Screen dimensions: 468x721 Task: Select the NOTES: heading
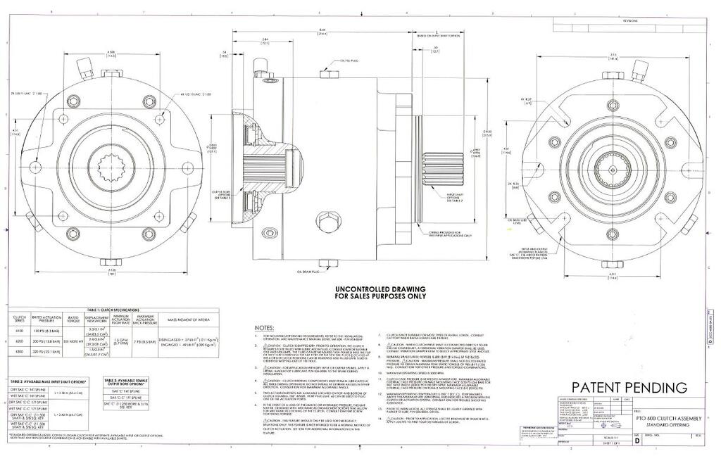pyautogui.click(x=264, y=328)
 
